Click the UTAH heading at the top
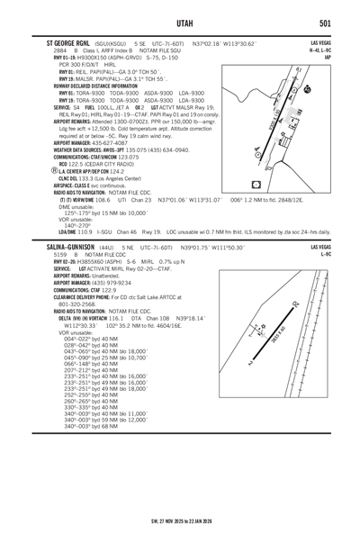click(x=180, y=22)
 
